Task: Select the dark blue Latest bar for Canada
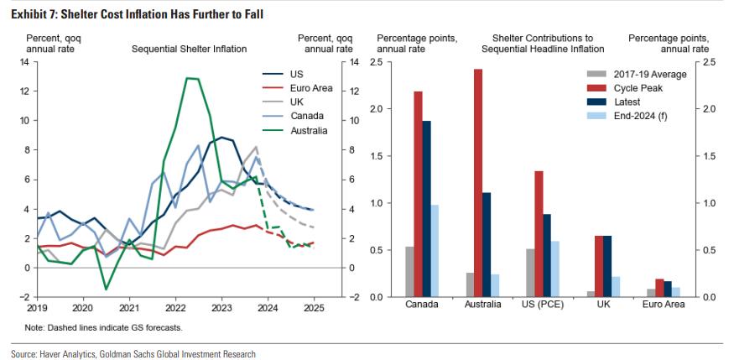click(x=425, y=209)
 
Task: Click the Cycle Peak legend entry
click(x=637, y=88)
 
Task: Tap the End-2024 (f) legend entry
click(x=641, y=116)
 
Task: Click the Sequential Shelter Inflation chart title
click(x=189, y=49)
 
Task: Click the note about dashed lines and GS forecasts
click(x=104, y=327)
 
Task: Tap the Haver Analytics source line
click(x=133, y=354)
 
